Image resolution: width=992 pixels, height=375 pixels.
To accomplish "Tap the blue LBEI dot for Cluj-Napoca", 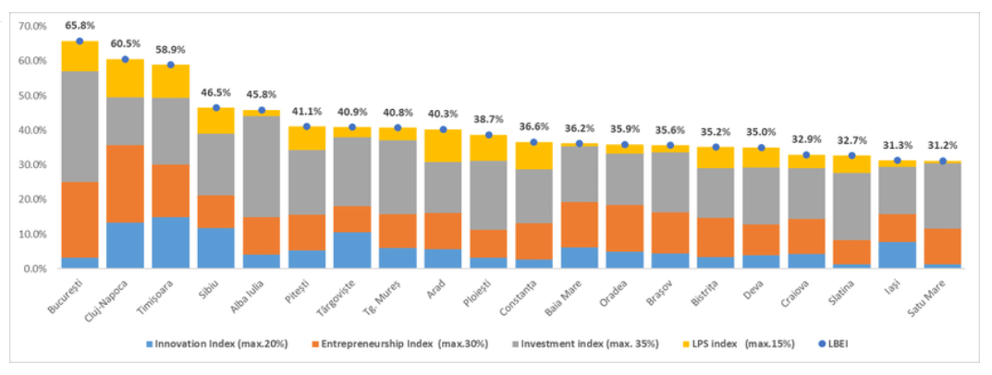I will (125, 59).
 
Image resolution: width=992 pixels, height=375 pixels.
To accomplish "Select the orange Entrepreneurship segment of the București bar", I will (80, 220).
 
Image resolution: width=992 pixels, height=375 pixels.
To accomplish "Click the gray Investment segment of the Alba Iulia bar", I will (261, 166).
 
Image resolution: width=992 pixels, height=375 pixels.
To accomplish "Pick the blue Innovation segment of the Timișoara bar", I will (170, 243).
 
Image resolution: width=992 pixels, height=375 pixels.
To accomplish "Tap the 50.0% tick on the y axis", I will (33, 95).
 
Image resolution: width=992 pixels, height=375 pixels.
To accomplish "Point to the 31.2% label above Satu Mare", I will (942, 146).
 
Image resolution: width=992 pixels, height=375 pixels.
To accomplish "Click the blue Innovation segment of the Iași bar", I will (897, 255).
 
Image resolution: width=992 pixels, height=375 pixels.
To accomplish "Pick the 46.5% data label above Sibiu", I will (215, 93).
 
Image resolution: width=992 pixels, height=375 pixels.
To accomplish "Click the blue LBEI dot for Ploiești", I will (487, 135).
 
